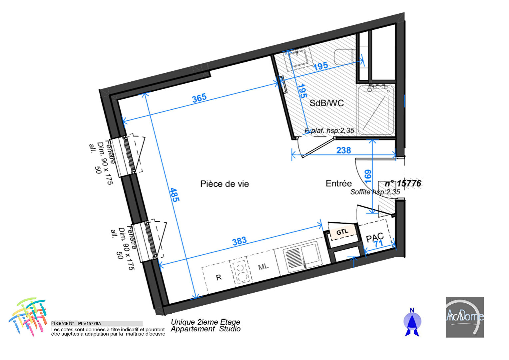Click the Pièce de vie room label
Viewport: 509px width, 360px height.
225,184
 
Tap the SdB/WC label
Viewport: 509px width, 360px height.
326,103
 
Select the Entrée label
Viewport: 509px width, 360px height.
338,183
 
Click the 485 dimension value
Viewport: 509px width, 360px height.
175,195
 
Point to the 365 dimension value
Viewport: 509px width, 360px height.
199,98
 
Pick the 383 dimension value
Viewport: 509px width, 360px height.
239,241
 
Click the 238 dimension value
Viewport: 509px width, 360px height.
343,150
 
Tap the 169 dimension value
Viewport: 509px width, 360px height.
368,176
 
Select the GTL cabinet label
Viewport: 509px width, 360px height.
342,232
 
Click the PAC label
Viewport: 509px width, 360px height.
374,237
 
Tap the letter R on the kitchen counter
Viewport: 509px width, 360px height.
219,277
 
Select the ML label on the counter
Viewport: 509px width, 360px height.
263,267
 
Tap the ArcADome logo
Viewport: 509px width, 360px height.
465,317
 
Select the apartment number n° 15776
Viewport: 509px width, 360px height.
403,184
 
